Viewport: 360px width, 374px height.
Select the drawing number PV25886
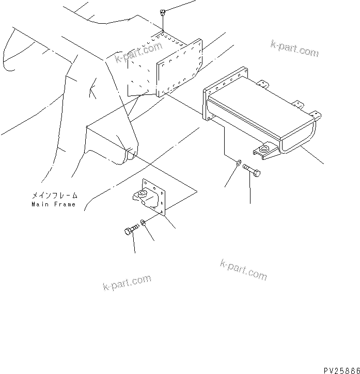click(x=341, y=370)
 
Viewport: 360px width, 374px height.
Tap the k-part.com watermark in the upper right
click(x=294, y=48)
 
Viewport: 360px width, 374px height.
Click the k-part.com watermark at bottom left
click(x=127, y=282)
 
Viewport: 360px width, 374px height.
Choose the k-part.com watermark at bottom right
click(x=243, y=269)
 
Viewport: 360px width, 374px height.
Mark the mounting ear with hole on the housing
click(x=265, y=150)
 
